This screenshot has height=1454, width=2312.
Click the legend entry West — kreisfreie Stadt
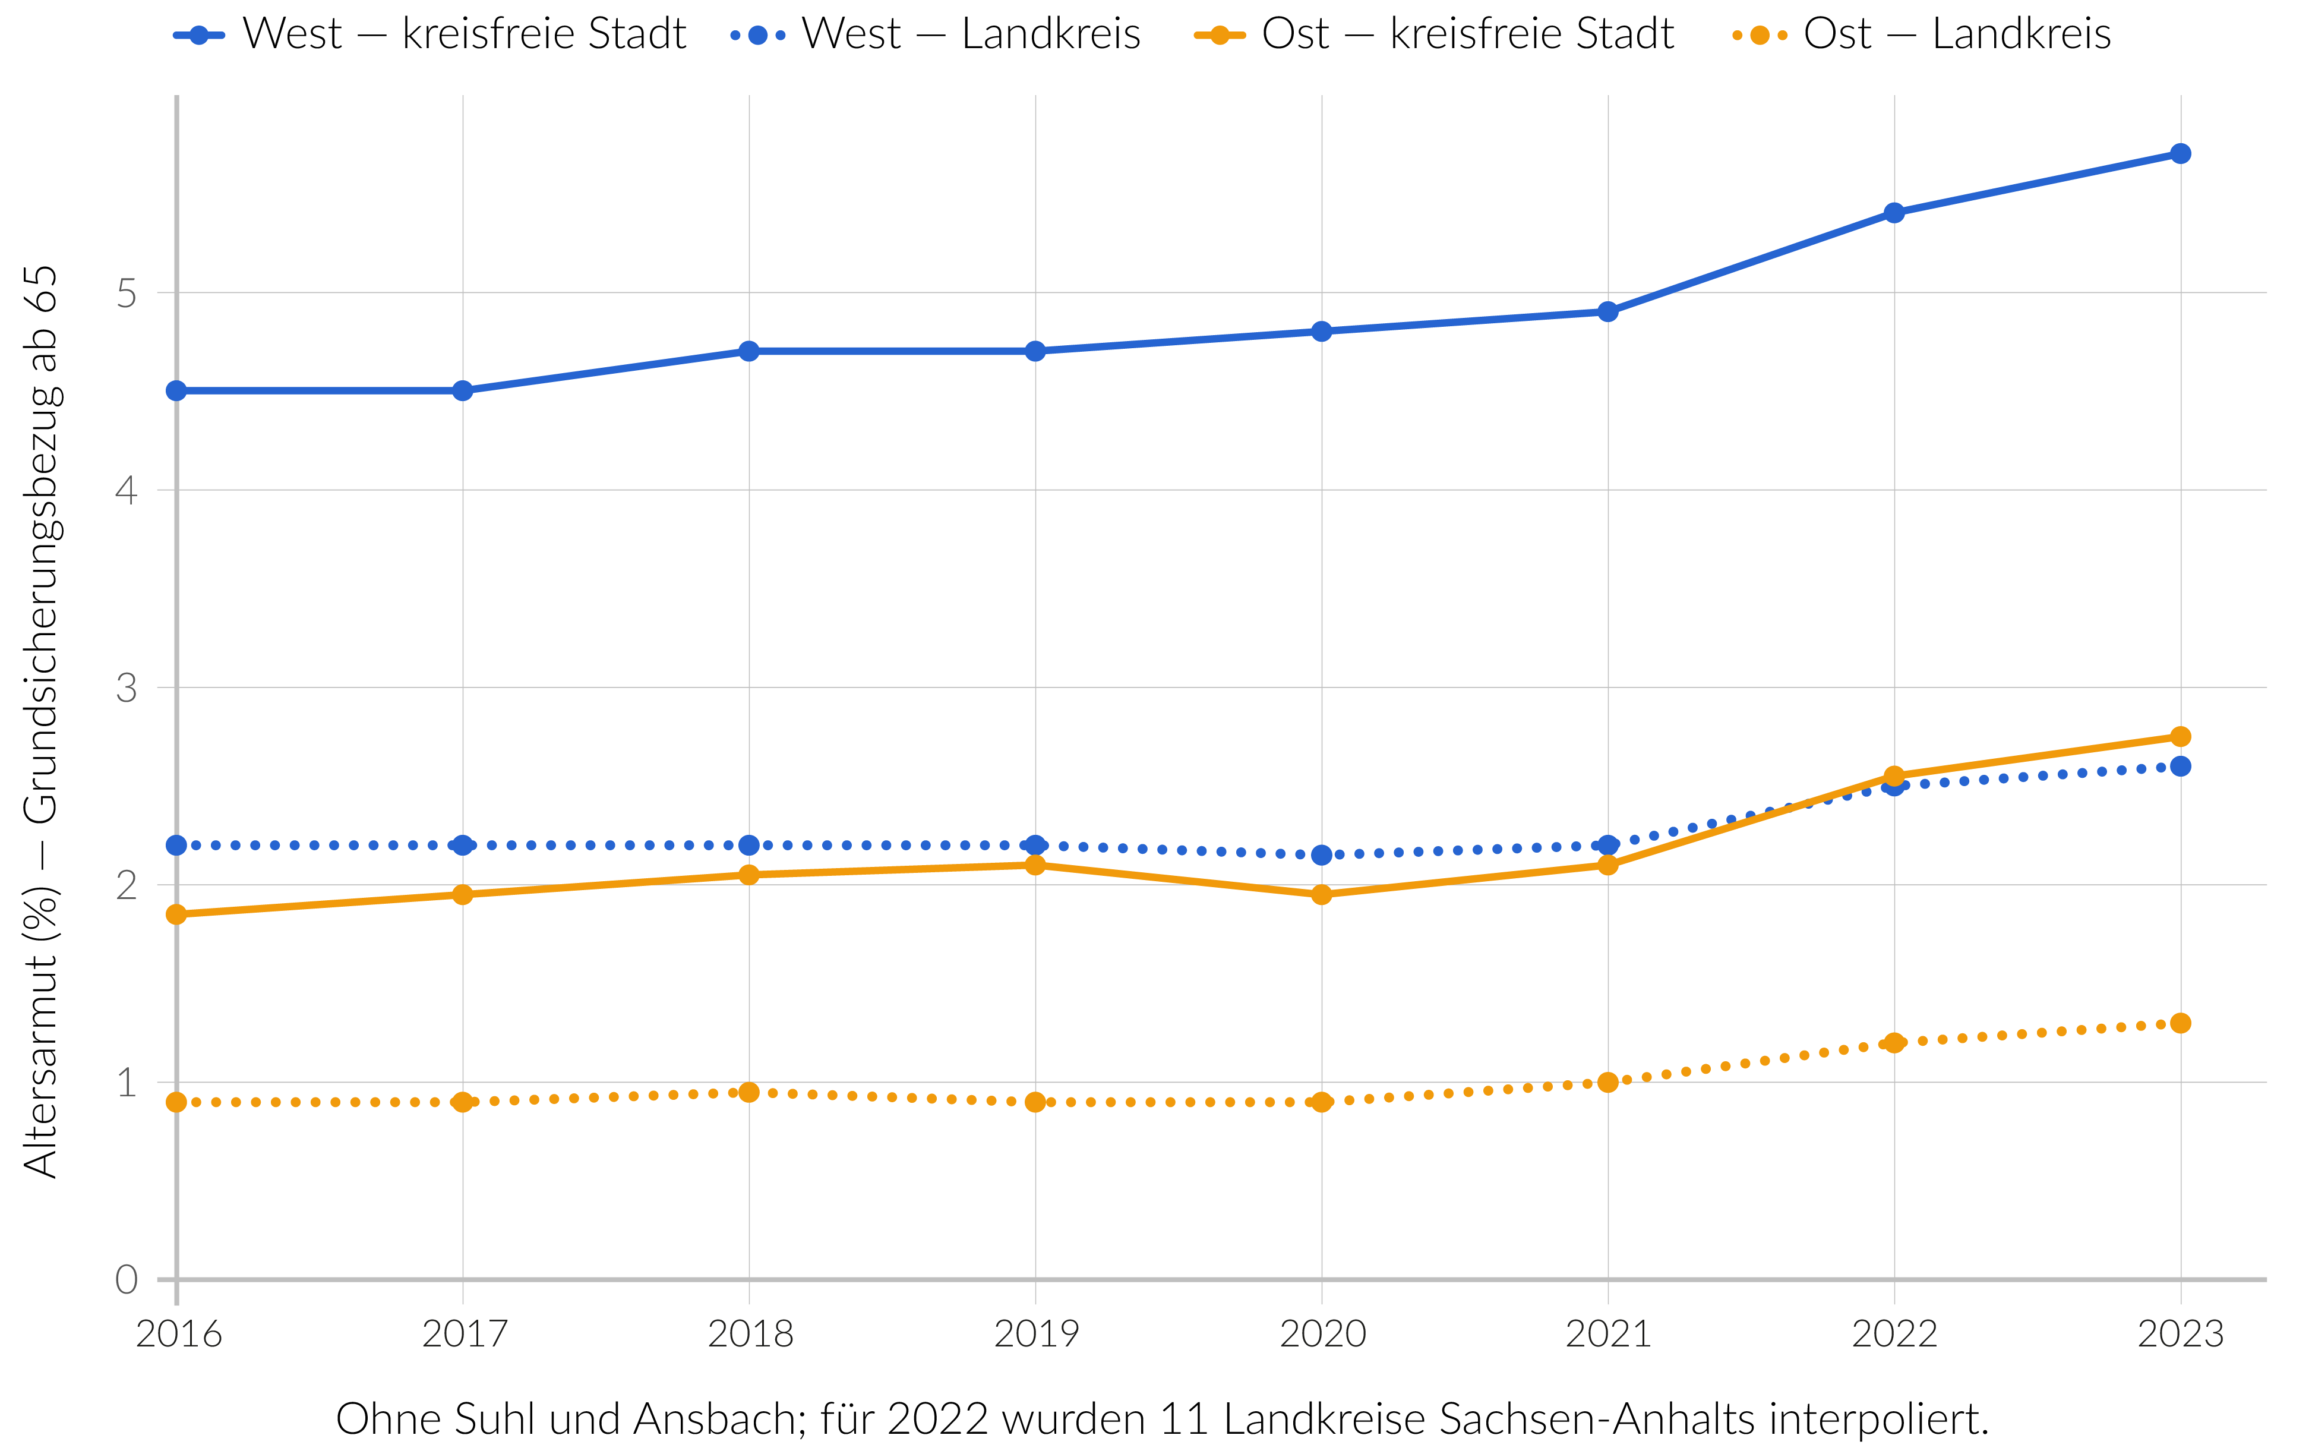click(x=429, y=34)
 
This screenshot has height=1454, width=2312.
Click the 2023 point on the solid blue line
click(x=2181, y=154)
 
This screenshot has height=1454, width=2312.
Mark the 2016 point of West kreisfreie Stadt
click(x=176, y=391)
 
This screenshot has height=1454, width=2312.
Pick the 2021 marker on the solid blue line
click(x=1608, y=312)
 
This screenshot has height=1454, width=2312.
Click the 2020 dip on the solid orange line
click(x=1321, y=895)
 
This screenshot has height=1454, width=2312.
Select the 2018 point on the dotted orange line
click(x=749, y=1092)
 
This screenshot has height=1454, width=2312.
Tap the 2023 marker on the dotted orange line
click(x=2181, y=1023)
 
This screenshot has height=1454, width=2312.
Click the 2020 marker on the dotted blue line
click(x=1321, y=854)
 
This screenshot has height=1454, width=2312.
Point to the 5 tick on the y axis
click(x=127, y=293)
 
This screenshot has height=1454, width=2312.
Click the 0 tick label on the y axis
click(x=127, y=1280)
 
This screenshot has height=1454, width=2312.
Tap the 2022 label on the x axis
click(x=1894, y=1334)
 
